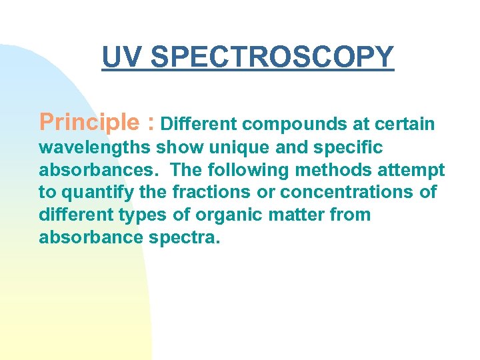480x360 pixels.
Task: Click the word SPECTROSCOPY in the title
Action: click(272, 57)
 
